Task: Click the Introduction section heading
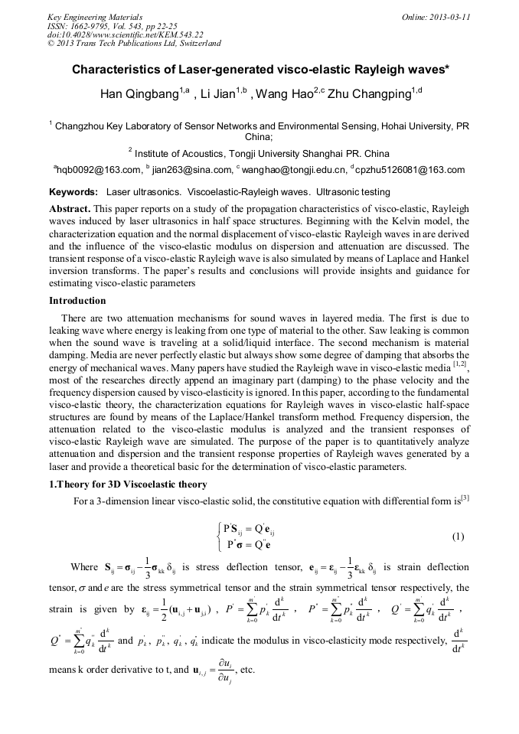(77, 301)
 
